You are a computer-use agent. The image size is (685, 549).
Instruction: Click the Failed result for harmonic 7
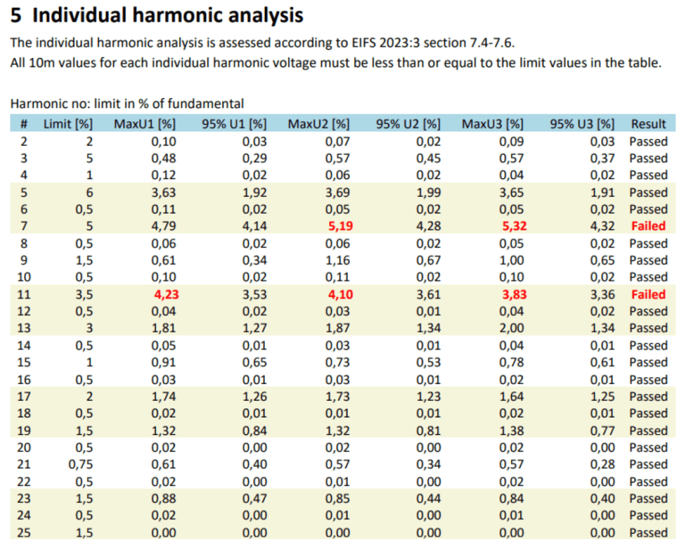[x=648, y=226]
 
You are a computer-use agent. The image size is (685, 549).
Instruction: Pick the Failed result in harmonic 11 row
[x=648, y=295]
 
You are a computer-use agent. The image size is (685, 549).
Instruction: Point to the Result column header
[x=648, y=124]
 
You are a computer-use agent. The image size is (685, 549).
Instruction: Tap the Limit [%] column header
[x=68, y=124]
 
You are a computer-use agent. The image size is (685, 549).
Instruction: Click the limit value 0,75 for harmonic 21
[x=81, y=465]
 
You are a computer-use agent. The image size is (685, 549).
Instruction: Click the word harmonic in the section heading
[x=169, y=15]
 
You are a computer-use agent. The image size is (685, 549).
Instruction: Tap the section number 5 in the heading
[x=16, y=15]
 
